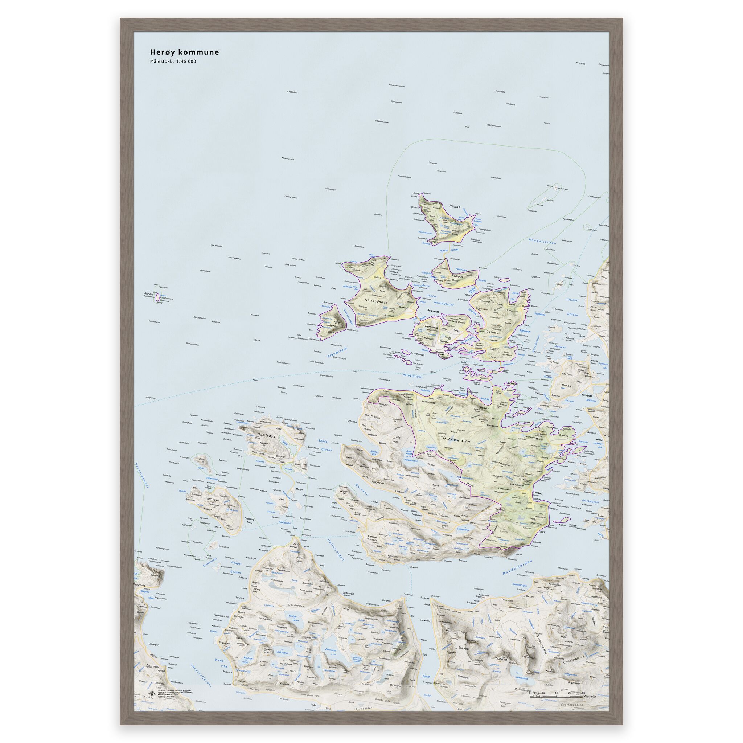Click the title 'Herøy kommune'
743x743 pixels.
[184, 52]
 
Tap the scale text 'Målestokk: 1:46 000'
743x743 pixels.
[173, 62]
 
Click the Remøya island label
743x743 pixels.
[458, 276]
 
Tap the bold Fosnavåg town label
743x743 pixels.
[435, 312]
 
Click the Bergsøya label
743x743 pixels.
[431, 327]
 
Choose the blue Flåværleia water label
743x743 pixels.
[337, 352]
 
